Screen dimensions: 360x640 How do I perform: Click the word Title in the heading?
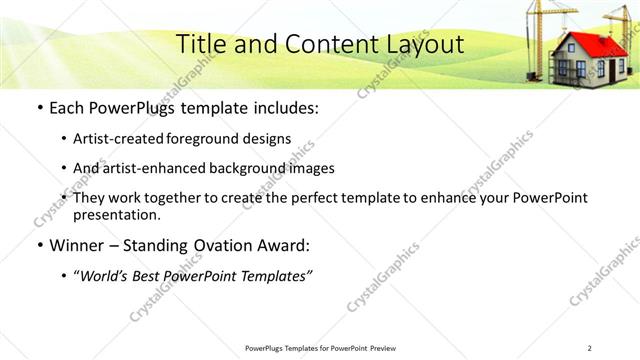pyautogui.click(x=200, y=44)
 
